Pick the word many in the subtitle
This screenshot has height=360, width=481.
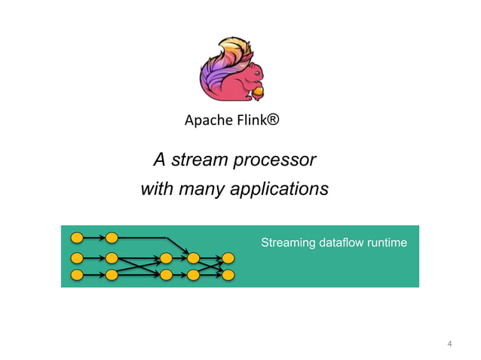click(201, 189)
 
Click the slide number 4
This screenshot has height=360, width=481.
click(449, 345)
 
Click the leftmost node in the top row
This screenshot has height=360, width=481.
click(76, 238)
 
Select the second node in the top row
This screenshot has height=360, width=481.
click(112, 238)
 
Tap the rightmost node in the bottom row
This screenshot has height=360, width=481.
click(228, 274)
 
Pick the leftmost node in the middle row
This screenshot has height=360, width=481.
click(76, 258)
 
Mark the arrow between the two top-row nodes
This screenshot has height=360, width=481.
click(94, 238)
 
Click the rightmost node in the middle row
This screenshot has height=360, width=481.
click(228, 258)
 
